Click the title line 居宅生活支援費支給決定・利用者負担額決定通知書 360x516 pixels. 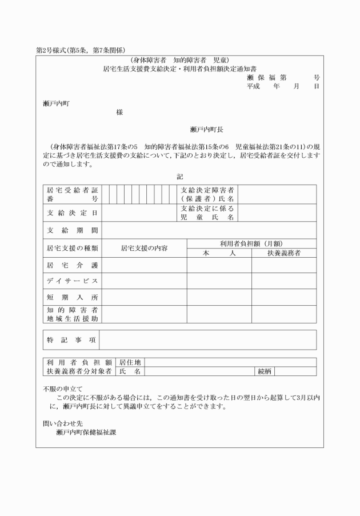[179, 68]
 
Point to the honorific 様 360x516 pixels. [119, 113]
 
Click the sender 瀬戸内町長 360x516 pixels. [207, 130]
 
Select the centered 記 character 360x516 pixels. [179, 177]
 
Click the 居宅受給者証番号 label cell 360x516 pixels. [72, 195]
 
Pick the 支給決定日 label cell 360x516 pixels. [72, 213]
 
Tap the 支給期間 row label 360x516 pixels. [72, 230]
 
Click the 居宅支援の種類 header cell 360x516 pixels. [72, 248]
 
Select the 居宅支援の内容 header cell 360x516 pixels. [144, 248]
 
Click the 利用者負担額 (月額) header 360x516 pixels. [251, 243]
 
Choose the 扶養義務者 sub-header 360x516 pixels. [284, 253]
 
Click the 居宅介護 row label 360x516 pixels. [72, 266]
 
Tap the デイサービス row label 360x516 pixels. [72, 281]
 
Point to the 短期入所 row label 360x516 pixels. [72, 297]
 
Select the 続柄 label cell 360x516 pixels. [265, 371]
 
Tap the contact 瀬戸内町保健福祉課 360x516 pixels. [87, 433]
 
